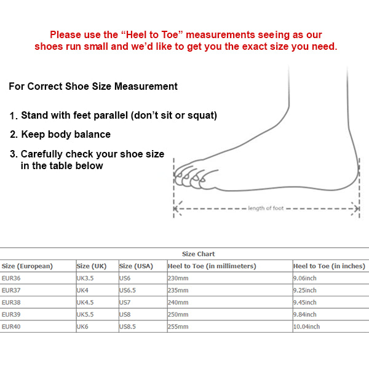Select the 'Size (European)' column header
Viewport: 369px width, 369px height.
click(x=28, y=266)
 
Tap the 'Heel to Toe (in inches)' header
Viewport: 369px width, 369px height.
click(x=329, y=266)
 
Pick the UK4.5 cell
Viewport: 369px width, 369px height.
click(x=85, y=302)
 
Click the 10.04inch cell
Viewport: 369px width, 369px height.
click(x=307, y=326)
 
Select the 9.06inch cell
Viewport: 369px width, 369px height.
click(x=305, y=278)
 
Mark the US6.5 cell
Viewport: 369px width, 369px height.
click(x=129, y=290)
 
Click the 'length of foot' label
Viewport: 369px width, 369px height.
click(x=266, y=208)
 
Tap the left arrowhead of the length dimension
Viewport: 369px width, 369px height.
click(x=177, y=208)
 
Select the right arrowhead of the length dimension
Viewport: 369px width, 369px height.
click(x=357, y=208)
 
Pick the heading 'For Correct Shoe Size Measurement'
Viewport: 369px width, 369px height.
click(x=93, y=87)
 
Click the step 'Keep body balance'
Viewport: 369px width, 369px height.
click(x=66, y=134)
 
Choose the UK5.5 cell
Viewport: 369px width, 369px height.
click(x=85, y=314)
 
